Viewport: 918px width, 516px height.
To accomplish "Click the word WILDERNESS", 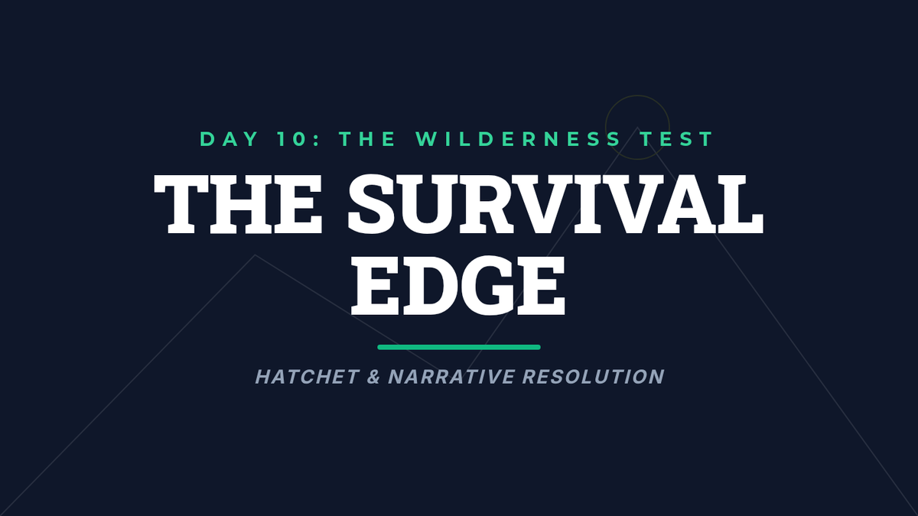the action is [x=519, y=139].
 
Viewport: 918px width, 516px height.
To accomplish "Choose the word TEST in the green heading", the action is [x=677, y=139].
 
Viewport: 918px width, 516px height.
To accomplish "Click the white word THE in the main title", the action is [x=238, y=204].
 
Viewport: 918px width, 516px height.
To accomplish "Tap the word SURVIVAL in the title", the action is [x=555, y=204].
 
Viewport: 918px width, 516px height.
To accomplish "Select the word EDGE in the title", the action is [x=458, y=286].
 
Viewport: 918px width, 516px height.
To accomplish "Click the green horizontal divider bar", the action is [x=459, y=347].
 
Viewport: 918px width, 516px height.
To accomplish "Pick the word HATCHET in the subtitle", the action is [x=308, y=377].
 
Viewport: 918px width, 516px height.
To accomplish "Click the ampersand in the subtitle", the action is [x=373, y=377].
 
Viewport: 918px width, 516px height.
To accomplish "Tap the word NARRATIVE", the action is [x=451, y=377].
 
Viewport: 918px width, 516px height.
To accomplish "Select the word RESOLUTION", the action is [x=594, y=377].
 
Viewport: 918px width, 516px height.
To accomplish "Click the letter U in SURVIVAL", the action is [x=428, y=205].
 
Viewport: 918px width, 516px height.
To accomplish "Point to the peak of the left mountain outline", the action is [x=255, y=255].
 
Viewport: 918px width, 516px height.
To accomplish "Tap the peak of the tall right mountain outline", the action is [x=637, y=128].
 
